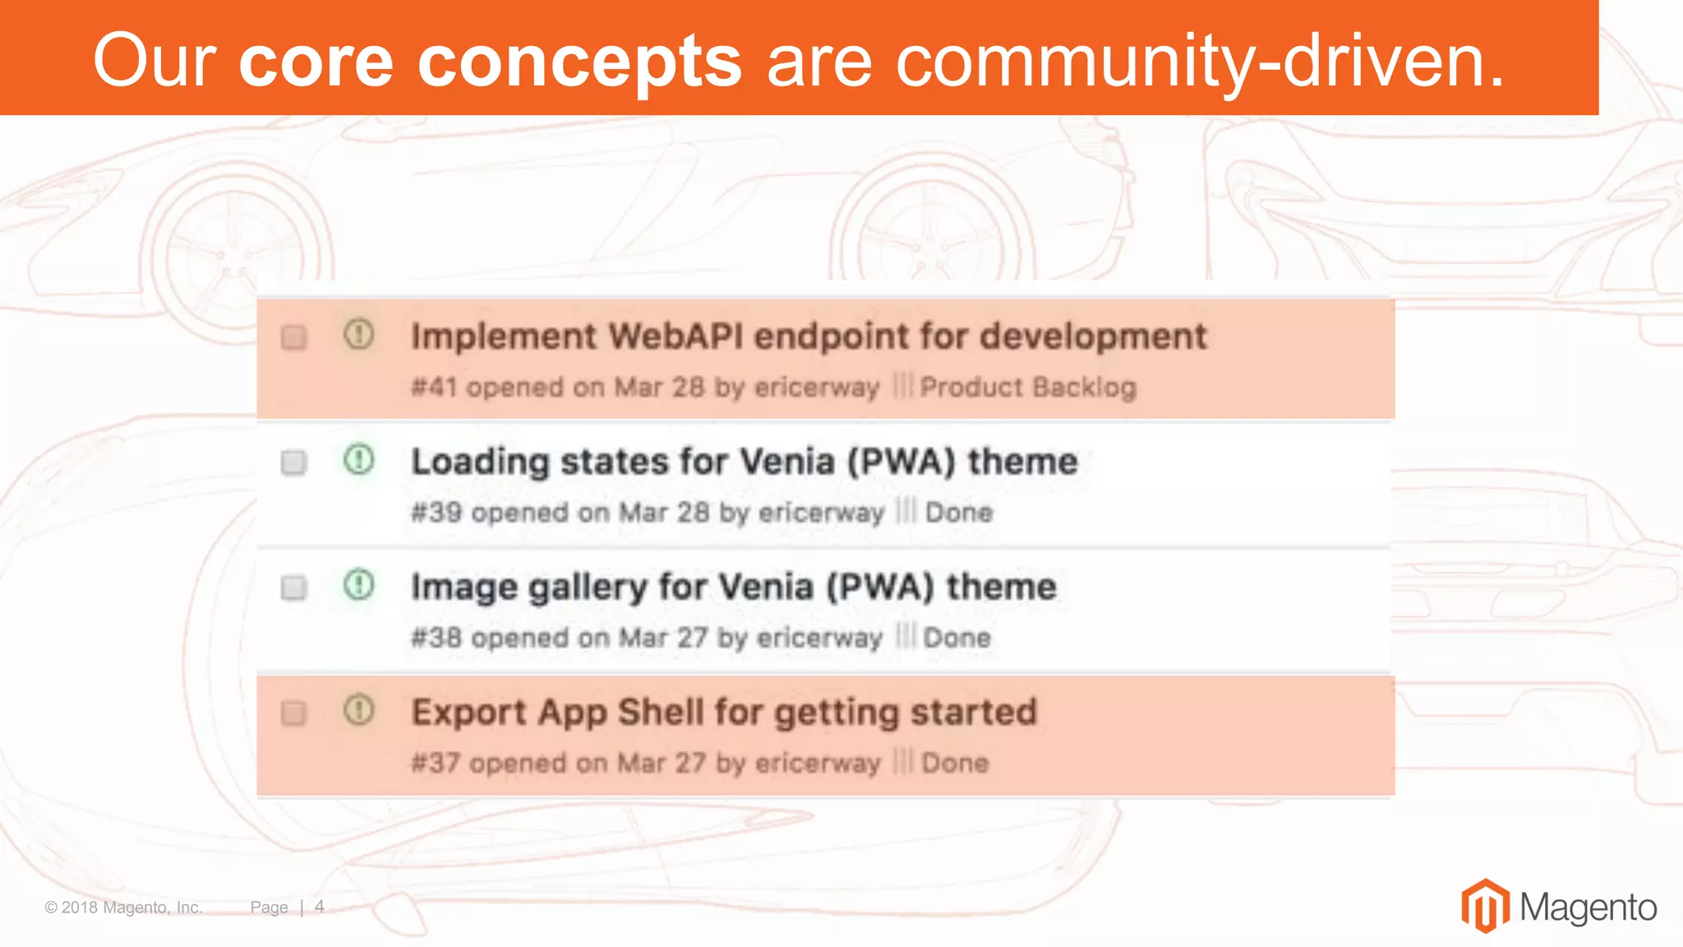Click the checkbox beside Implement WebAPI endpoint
[x=293, y=337]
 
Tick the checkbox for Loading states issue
[x=293, y=462]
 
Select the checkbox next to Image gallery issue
[x=293, y=588]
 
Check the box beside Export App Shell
[x=293, y=713]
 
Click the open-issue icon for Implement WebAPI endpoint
[x=358, y=335]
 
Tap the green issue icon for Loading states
[x=358, y=460]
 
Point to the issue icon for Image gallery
[x=358, y=585]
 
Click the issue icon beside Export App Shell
[x=358, y=710]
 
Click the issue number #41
[x=434, y=387]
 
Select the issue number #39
[x=436, y=512]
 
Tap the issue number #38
[x=436, y=638]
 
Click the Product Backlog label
[x=1027, y=387]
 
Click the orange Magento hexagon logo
[x=1485, y=907]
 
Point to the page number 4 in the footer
[x=320, y=907]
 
